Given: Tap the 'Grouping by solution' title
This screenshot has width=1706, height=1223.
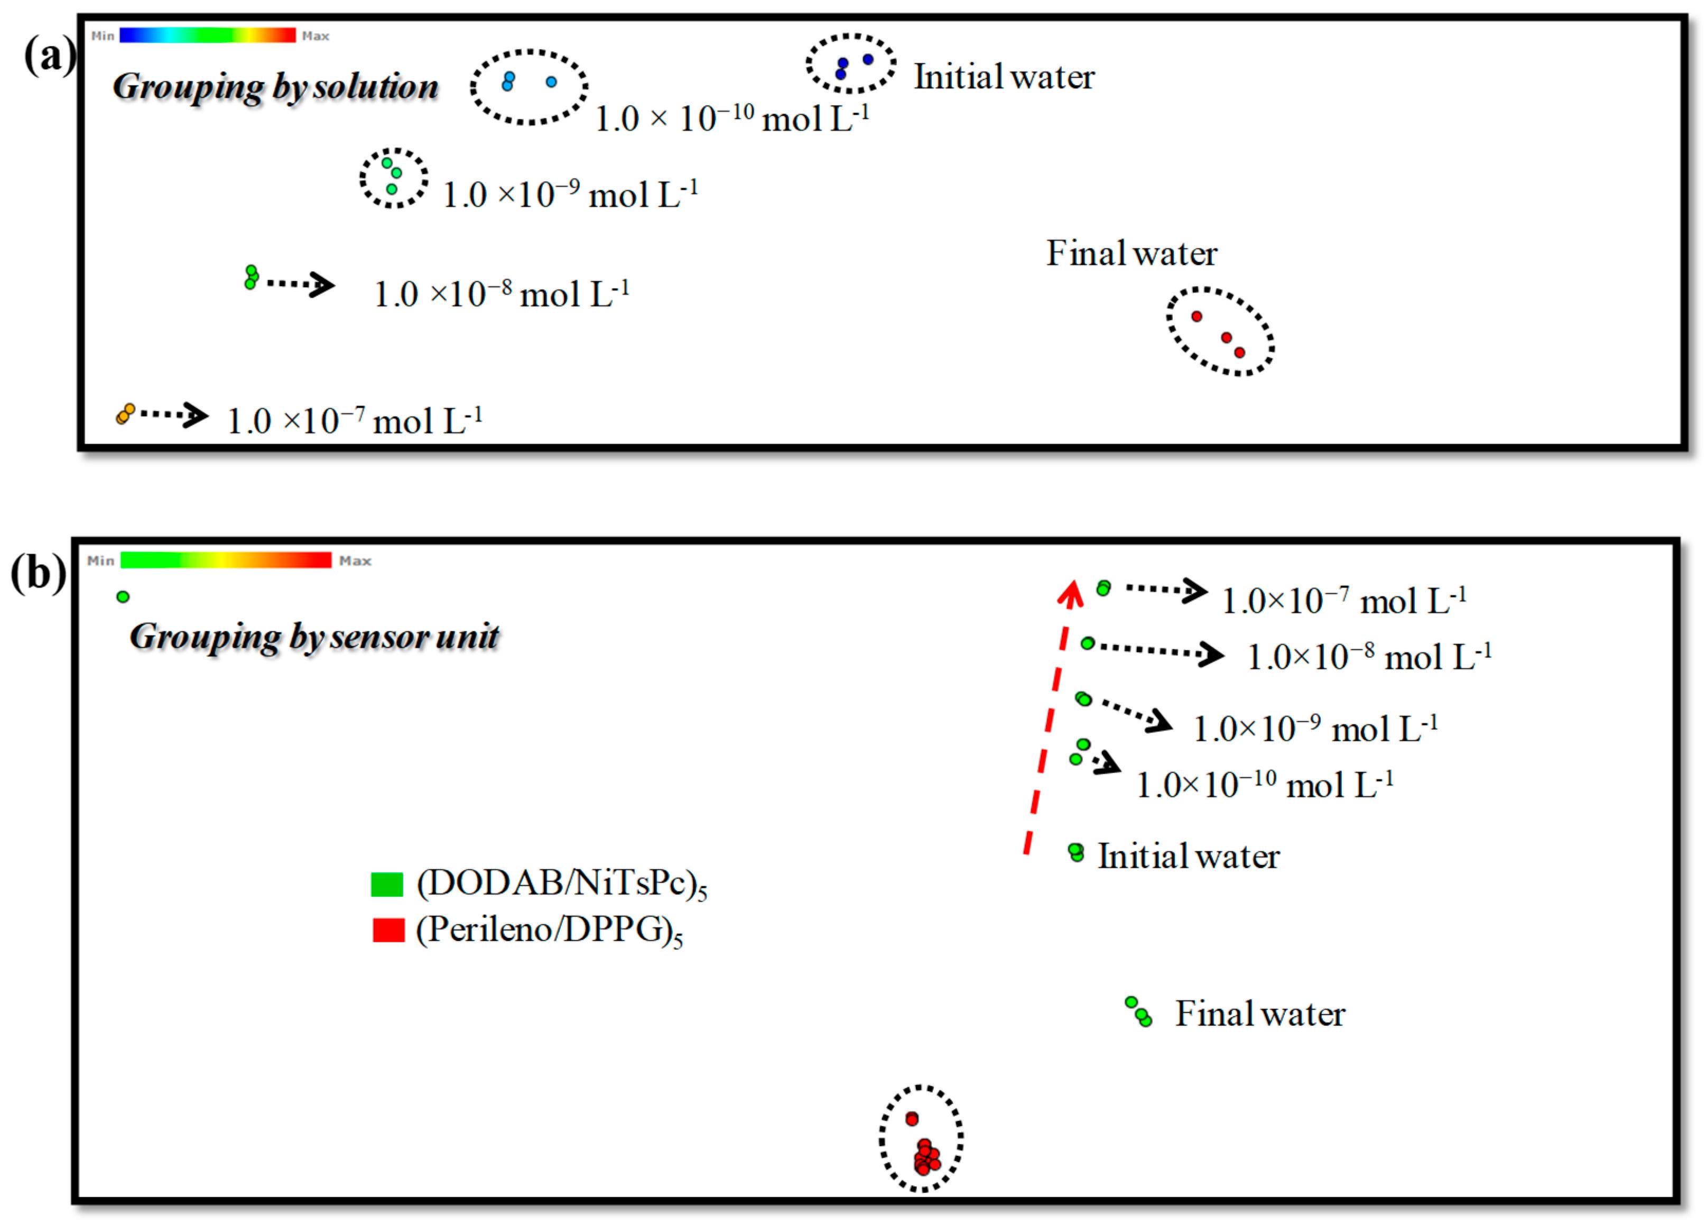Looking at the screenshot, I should (x=275, y=87).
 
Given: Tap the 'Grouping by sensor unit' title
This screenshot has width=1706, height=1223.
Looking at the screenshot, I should (x=314, y=637).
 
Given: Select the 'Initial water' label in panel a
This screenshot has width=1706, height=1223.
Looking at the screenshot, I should (x=1004, y=77).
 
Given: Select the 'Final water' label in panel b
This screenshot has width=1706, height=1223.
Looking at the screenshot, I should (x=1260, y=1014).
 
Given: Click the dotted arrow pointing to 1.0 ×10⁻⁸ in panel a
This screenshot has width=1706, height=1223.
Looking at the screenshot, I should (x=301, y=284).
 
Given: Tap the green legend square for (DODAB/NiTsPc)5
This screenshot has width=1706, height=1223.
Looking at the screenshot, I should (x=387, y=884).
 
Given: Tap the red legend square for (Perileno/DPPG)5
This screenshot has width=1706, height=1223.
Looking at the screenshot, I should (x=388, y=930).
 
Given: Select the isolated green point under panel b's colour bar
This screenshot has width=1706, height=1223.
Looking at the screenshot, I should (x=123, y=597).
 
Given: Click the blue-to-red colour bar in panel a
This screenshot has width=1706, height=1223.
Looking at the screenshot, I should (x=207, y=35).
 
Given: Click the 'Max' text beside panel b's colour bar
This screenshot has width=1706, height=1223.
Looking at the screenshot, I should (x=355, y=560).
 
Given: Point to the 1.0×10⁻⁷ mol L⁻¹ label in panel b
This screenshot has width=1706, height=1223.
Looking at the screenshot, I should (x=1343, y=601).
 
